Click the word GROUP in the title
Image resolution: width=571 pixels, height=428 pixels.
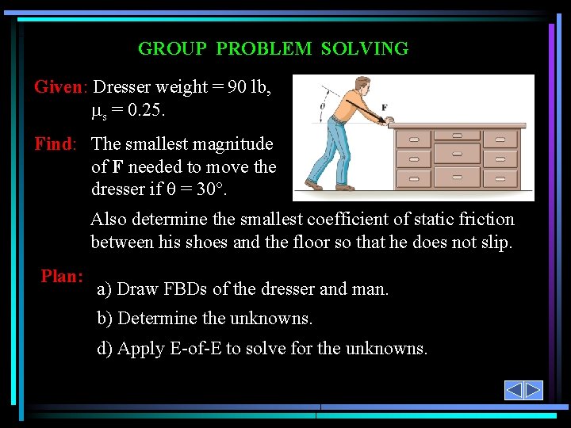click(x=172, y=48)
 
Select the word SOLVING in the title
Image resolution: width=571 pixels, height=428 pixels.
click(x=365, y=48)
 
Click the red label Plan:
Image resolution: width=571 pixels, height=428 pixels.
click(x=63, y=277)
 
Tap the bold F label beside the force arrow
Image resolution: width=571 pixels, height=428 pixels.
click(x=384, y=108)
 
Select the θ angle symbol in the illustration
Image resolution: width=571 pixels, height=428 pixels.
click(x=322, y=104)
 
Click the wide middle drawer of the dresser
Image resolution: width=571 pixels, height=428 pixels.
click(x=457, y=153)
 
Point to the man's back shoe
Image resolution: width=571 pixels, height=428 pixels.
click(x=314, y=186)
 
